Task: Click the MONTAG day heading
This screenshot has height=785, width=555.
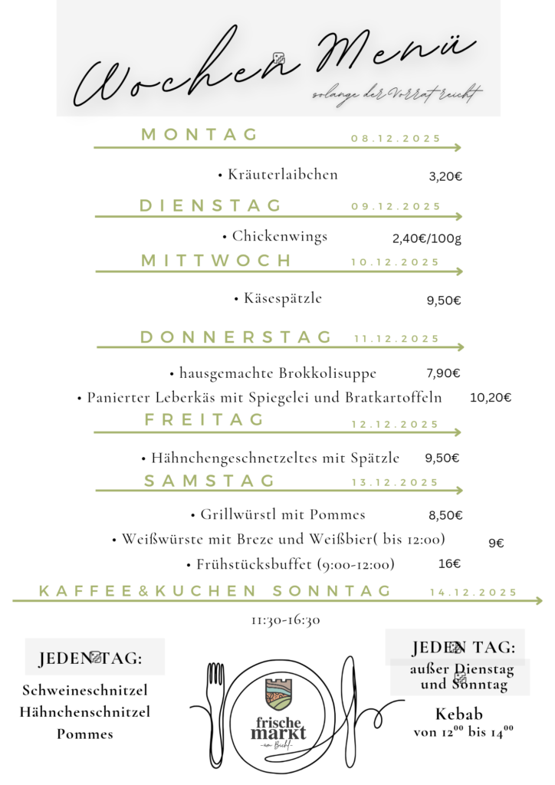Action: coord(199,135)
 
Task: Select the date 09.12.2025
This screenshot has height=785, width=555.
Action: coord(396,206)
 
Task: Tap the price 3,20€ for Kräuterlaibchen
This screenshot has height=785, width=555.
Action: coord(445,176)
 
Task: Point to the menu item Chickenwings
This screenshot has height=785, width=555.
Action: coord(280,236)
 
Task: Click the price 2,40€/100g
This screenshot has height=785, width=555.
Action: coord(427,238)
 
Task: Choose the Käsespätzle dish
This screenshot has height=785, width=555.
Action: coord(282,298)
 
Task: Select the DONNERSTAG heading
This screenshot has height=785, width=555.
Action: coord(236,337)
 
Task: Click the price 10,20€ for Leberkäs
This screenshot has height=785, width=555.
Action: coord(491,398)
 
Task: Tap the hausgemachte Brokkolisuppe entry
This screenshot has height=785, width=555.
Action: coord(277,373)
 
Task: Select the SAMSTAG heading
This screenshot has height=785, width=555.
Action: coord(209,481)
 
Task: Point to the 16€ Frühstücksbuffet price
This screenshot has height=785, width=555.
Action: coord(449,564)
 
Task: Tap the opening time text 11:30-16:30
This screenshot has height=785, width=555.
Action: coord(285,620)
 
